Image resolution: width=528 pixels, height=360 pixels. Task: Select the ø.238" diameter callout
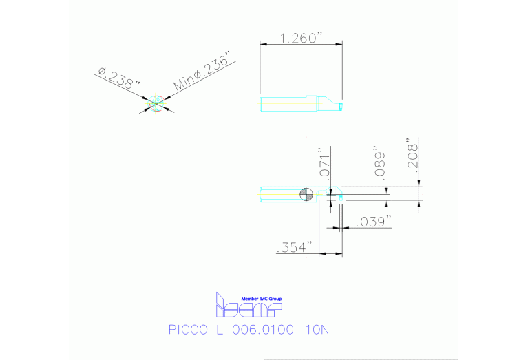click(118, 76)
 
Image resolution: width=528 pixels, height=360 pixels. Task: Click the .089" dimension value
click(379, 161)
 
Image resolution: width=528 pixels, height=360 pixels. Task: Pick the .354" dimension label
click(295, 247)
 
